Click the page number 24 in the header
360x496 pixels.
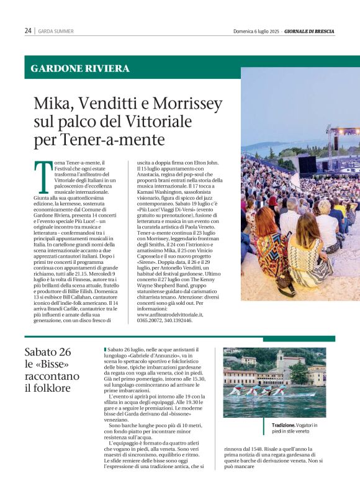(28, 30)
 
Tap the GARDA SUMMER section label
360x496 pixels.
(56, 31)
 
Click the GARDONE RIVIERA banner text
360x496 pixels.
(80, 69)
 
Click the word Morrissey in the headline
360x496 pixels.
(187, 102)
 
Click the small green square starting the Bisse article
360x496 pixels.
(106, 349)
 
